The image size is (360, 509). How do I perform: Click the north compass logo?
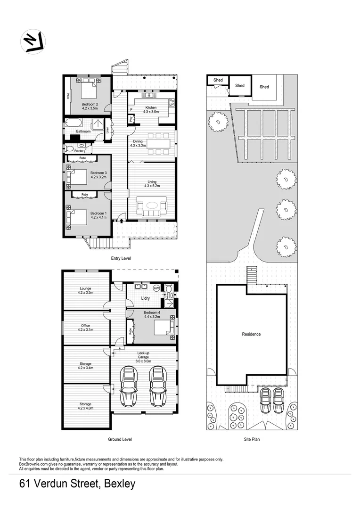tap(33, 41)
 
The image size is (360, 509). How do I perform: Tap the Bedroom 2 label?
tap(90, 106)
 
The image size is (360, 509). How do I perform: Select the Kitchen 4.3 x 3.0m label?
tap(150, 109)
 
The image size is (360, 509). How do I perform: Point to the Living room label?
tap(152, 184)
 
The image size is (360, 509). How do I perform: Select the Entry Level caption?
tap(121, 258)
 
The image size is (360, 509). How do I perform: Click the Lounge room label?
tap(85, 290)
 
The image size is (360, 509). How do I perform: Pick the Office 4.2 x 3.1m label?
tap(85, 328)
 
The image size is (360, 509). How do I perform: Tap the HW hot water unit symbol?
tap(156, 288)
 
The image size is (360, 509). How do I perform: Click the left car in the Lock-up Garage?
tap(129, 386)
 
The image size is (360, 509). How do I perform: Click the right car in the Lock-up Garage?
tap(158, 386)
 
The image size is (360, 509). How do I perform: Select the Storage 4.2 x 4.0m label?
tap(85, 406)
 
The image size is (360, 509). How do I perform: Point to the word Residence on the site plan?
tap(251, 334)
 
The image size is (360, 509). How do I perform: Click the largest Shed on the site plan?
tap(264, 87)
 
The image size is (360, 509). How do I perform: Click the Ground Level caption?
tap(120, 439)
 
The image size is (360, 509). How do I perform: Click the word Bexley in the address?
tap(119, 484)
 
